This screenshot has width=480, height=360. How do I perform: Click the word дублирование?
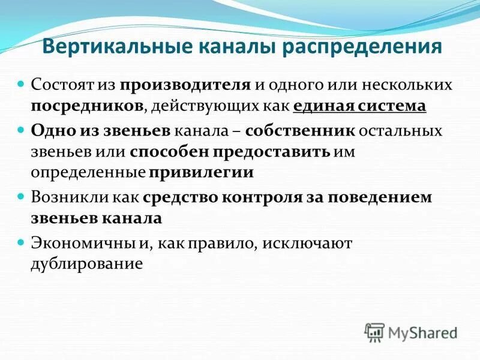(x=87, y=264)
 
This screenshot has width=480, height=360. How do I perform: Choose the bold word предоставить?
(x=268, y=152)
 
